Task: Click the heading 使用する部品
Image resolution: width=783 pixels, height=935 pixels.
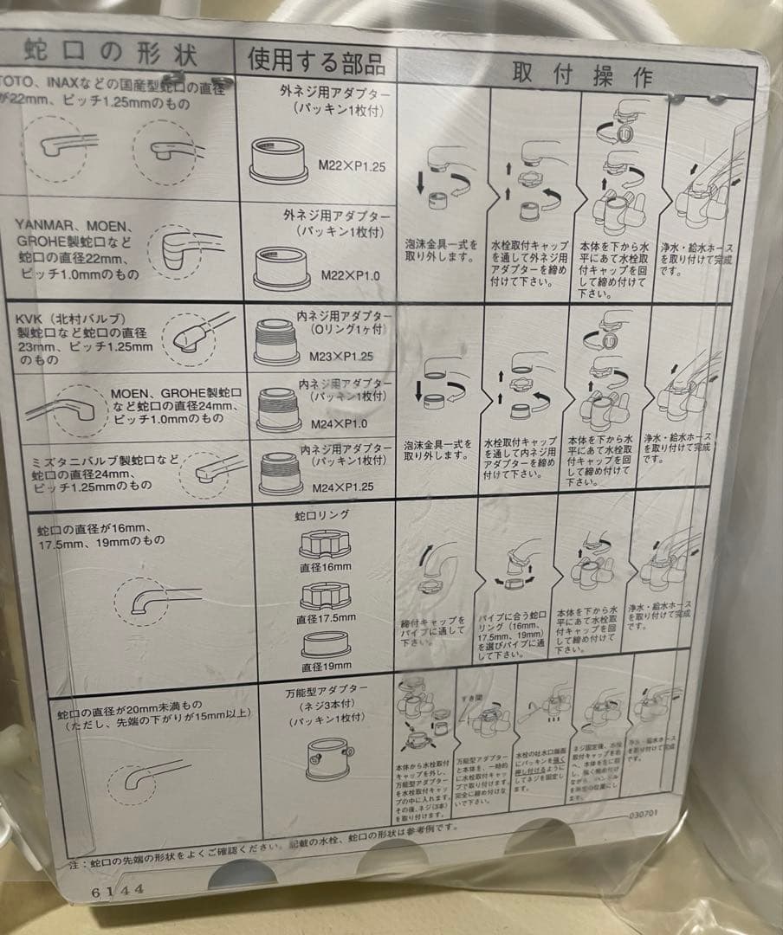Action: point(315,60)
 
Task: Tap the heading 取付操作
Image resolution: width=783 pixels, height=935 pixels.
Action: point(580,76)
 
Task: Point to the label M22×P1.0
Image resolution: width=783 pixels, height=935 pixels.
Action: point(350,275)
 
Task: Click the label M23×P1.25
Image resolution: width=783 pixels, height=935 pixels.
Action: point(341,356)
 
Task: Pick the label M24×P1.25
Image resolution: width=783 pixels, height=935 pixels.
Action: point(342,487)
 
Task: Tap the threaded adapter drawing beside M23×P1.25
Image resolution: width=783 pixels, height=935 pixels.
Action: point(276,342)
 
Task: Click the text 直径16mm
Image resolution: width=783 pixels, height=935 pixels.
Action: point(326,567)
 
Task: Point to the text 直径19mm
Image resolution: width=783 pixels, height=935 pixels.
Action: point(326,667)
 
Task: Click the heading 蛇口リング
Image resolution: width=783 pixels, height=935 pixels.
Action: point(321,515)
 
